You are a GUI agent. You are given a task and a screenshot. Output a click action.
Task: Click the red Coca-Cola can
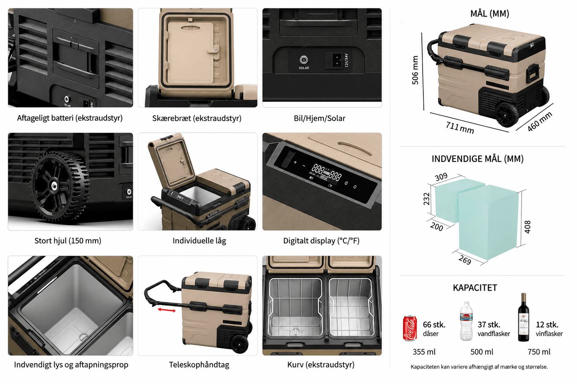[x=410, y=328]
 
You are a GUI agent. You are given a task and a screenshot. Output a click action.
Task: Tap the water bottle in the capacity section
[x=466, y=321]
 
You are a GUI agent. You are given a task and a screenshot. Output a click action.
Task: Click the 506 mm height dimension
[x=415, y=70]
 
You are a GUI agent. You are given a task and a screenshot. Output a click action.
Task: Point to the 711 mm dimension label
[x=460, y=128]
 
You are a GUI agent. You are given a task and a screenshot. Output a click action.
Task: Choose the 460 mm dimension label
[x=539, y=121]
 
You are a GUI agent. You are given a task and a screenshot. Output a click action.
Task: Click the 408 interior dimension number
[x=527, y=227]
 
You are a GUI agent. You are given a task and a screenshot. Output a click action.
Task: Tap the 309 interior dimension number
[x=441, y=177]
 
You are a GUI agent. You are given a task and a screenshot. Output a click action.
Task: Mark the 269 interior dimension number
[x=465, y=260]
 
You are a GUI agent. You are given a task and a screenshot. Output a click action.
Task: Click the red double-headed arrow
[x=167, y=310]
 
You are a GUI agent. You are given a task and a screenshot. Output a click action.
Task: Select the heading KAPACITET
[x=475, y=288]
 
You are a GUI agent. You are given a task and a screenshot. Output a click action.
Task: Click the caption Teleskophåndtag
[x=199, y=364]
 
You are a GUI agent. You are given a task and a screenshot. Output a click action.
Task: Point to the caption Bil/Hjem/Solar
[x=319, y=118]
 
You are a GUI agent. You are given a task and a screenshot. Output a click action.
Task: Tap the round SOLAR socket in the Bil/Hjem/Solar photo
[x=304, y=60]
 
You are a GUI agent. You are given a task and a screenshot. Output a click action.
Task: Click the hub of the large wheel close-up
[x=54, y=185]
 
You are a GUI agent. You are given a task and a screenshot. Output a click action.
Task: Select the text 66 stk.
[x=434, y=325]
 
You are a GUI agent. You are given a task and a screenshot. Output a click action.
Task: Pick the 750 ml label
[x=539, y=352]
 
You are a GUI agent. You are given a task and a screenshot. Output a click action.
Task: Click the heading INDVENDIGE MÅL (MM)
[x=478, y=159]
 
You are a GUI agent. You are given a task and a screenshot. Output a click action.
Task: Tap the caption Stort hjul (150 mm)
[x=68, y=241]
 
